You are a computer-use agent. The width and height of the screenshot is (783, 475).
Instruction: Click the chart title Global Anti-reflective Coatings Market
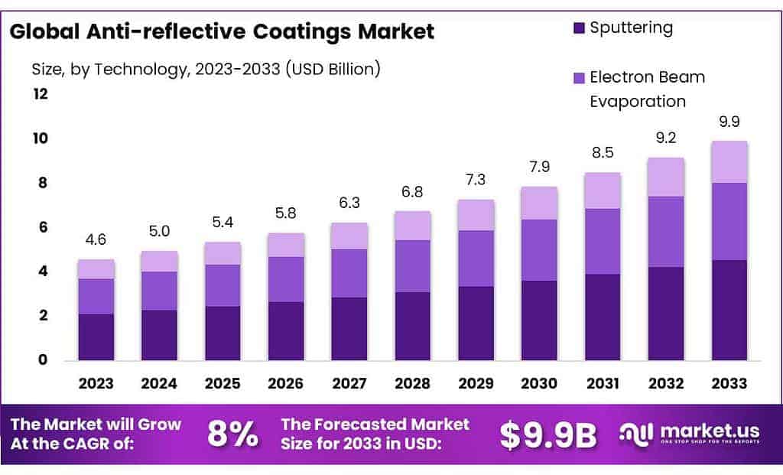point(223,32)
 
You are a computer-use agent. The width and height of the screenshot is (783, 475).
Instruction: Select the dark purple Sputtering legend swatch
point(578,29)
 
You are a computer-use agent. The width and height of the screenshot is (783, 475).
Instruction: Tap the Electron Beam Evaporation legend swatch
point(578,78)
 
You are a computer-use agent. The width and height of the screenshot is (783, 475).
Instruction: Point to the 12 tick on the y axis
point(40,94)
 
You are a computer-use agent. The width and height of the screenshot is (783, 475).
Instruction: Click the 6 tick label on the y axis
point(44,227)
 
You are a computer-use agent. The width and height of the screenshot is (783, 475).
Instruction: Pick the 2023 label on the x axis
point(96,383)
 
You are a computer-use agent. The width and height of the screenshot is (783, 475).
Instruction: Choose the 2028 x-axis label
point(412,383)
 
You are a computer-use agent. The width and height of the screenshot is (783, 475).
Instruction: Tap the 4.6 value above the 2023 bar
point(96,239)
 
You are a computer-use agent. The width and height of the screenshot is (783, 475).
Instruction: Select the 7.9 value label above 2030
point(538,167)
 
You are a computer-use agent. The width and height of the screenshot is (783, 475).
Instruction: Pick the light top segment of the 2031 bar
point(602,190)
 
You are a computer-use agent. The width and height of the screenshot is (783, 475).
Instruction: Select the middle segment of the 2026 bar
point(286,279)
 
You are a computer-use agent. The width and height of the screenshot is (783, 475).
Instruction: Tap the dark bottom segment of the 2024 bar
point(160,335)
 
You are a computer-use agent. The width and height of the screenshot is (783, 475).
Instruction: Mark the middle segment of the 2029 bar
point(476,259)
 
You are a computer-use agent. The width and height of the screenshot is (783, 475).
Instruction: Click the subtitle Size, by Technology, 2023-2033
point(206,69)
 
